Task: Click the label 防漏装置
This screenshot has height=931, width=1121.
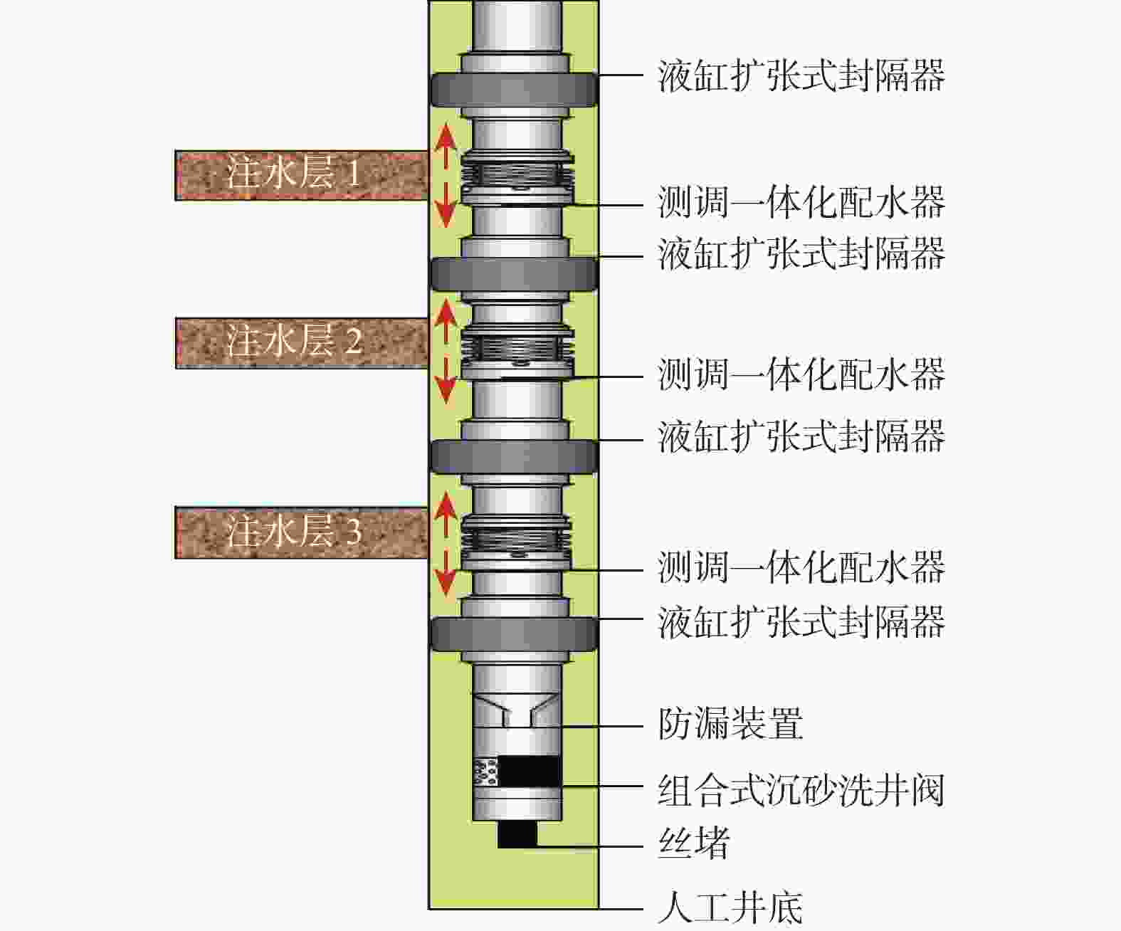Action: point(730,724)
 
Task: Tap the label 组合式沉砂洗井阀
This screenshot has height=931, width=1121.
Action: point(801,790)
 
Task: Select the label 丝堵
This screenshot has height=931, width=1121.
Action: point(694,843)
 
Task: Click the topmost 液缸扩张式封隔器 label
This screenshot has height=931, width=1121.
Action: point(801,75)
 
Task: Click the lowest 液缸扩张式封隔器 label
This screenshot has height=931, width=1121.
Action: point(801,621)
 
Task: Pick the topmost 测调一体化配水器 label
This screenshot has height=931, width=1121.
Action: point(801,203)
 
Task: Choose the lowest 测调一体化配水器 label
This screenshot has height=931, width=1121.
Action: point(801,567)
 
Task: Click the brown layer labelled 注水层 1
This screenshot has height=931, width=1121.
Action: point(301,175)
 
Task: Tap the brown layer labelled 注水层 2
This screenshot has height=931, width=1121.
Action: point(301,343)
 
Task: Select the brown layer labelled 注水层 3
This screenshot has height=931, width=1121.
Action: point(301,532)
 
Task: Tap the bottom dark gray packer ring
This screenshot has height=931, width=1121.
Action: point(514,634)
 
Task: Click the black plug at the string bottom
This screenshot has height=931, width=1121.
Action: point(517,834)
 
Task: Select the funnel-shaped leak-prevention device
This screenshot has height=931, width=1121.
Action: point(517,711)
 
